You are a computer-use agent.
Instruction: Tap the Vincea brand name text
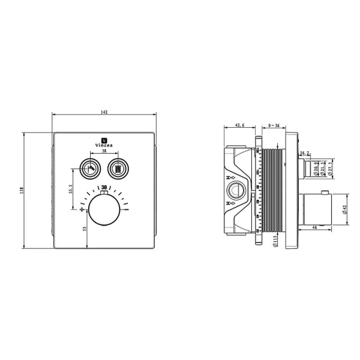105,145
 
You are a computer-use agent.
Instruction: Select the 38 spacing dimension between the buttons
105,152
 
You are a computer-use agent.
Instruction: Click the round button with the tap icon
90,167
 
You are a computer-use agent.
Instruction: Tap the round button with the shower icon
119,167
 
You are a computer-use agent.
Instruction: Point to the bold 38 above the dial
105,187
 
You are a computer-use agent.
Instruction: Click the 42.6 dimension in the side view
239,125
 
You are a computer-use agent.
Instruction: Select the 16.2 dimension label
305,153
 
